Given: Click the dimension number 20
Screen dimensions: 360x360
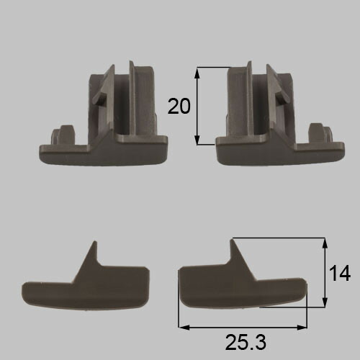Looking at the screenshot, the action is [179, 106].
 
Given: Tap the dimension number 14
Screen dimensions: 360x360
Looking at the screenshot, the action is [340, 274].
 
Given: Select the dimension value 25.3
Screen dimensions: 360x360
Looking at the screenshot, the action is [246, 342].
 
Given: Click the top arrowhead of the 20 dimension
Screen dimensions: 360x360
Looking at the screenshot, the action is [197, 73].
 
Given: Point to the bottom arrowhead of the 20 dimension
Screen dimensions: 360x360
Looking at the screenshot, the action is [197, 140].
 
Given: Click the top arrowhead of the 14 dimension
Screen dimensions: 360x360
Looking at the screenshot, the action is [325, 243].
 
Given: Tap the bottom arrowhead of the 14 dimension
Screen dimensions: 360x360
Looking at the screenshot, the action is [325, 302].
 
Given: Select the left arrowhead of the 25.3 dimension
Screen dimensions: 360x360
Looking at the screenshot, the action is [184, 327].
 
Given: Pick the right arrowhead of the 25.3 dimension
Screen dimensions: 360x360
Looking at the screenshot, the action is [302, 327].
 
